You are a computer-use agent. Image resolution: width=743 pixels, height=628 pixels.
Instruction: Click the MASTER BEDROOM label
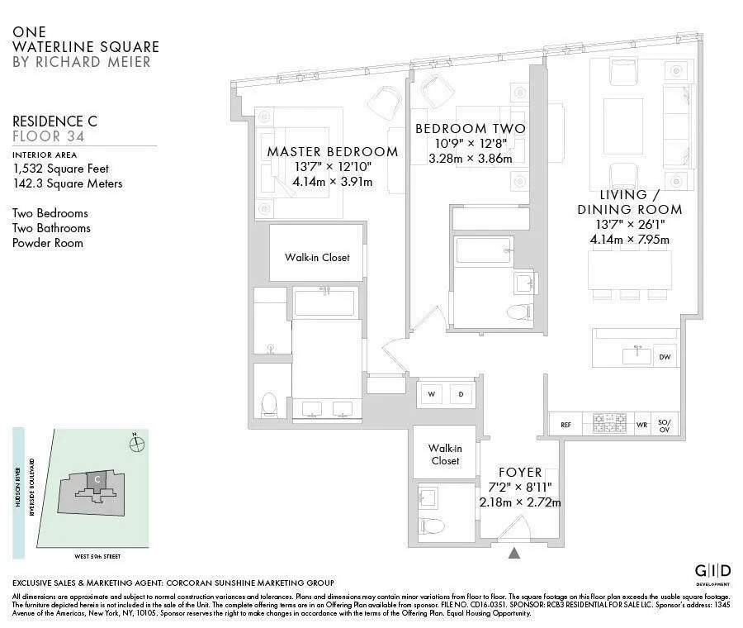tap(332, 152)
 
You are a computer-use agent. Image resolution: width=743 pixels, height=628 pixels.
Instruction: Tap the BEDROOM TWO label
tap(470, 129)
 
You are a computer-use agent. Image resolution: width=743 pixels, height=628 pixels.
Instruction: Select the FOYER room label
tap(519, 473)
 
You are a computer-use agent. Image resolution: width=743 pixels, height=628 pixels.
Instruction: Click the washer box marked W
tap(431, 395)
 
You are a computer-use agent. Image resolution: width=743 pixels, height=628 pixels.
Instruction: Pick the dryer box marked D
tap(461, 395)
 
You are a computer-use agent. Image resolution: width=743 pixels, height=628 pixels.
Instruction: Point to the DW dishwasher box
tap(664, 358)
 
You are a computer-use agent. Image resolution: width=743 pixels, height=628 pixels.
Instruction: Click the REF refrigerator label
tap(566, 425)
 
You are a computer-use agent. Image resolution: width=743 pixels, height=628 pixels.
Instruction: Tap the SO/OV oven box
tap(665, 425)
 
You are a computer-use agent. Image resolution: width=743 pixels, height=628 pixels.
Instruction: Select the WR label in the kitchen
tap(641, 425)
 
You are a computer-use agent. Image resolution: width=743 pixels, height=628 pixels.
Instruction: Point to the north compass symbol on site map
tap(137, 444)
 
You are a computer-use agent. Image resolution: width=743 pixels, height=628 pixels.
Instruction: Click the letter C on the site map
tap(97, 478)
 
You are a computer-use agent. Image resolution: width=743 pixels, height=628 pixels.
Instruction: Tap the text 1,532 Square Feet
tap(60, 168)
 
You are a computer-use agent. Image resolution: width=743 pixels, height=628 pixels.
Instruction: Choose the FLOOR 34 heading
tap(48, 136)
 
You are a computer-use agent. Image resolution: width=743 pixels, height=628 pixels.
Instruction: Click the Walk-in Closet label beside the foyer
tap(444, 454)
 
